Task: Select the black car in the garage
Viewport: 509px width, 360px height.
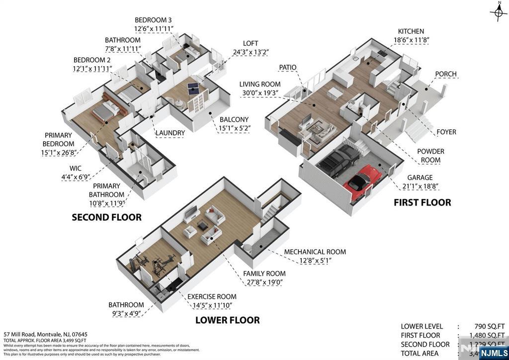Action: coord(338,158)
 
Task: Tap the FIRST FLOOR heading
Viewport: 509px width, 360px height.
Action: coord(422,202)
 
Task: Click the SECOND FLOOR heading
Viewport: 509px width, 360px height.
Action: coord(106,217)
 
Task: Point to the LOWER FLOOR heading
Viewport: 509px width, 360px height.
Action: coord(227,320)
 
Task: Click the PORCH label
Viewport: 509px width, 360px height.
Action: coord(445,74)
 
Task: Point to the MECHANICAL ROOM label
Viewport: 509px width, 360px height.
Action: coord(315,252)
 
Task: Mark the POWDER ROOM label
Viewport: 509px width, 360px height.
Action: coord(430,155)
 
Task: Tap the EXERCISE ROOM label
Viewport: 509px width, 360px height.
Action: coord(211,297)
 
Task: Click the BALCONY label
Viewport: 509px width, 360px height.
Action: coord(234,119)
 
